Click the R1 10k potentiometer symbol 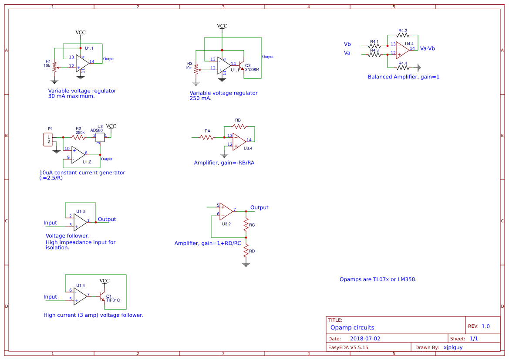click(54, 67)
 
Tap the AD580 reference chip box click(99, 137)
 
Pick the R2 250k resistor click(78, 137)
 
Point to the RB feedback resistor click(239, 126)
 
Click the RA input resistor click(207, 137)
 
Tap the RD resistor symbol click(246, 250)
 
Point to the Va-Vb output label click(427, 48)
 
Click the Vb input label click(347, 44)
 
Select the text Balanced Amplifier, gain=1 click(403, 77)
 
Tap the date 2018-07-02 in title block click(365, 339)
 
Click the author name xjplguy click(453, 347)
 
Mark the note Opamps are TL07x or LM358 click(378, 279)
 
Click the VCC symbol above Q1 click(104, 281)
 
